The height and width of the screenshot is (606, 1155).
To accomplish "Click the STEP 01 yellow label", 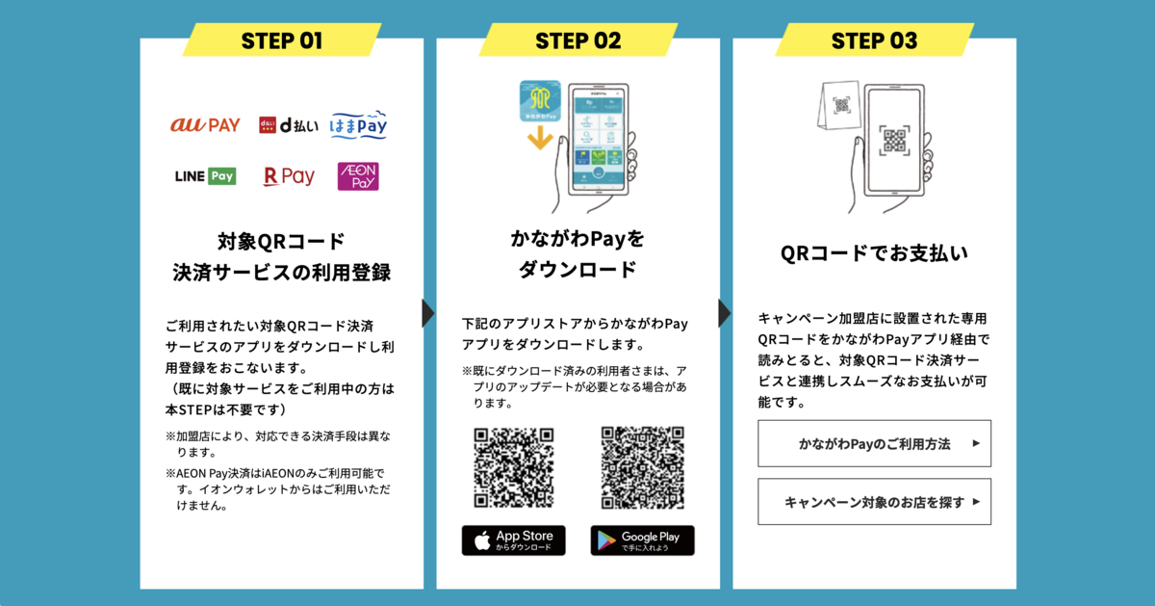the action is tap(282, 40).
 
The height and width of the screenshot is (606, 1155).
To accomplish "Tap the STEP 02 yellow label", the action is tap(577, 40).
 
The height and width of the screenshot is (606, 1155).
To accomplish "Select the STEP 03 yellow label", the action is tap(874, 40).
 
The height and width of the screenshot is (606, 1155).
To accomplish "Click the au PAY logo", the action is tap(205, 125).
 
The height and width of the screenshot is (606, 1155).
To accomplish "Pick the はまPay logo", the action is tap(359, 124).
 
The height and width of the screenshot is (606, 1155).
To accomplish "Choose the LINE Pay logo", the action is tap(205, 176).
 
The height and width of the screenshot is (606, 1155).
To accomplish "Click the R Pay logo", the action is tap(289, 176).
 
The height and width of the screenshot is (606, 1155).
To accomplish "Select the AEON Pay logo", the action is tap(358, 176).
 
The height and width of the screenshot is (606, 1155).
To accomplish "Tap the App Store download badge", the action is tap(514, 540).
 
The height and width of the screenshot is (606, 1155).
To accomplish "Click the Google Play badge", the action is tap(642, 540).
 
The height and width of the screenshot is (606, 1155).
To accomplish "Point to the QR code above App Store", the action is tap(514, 468).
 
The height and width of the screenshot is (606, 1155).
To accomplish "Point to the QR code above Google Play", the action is tap(642, 468).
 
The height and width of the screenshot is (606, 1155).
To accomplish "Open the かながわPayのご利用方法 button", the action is tap(874, 444).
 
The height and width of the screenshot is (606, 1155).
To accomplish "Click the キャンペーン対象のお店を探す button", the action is tap(874, 502).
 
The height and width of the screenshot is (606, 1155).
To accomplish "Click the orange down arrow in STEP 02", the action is tap(540, 137).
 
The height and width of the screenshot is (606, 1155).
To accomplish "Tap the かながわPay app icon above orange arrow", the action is tap(540, 99).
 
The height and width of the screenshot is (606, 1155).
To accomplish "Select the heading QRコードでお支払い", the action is tap(874, 253).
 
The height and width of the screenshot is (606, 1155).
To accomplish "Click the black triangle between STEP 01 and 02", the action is tap(429, 313).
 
